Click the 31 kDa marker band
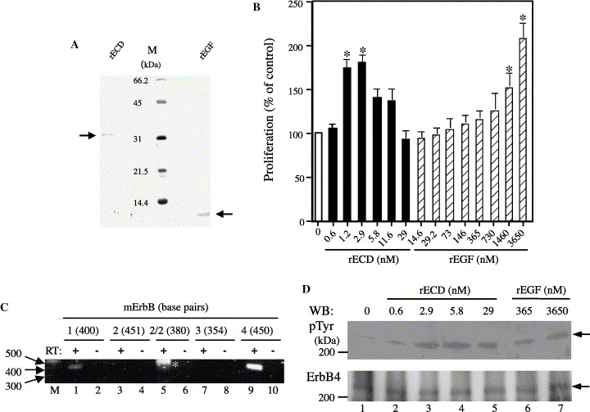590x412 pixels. pyautogui.click(x=162, y=138)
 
